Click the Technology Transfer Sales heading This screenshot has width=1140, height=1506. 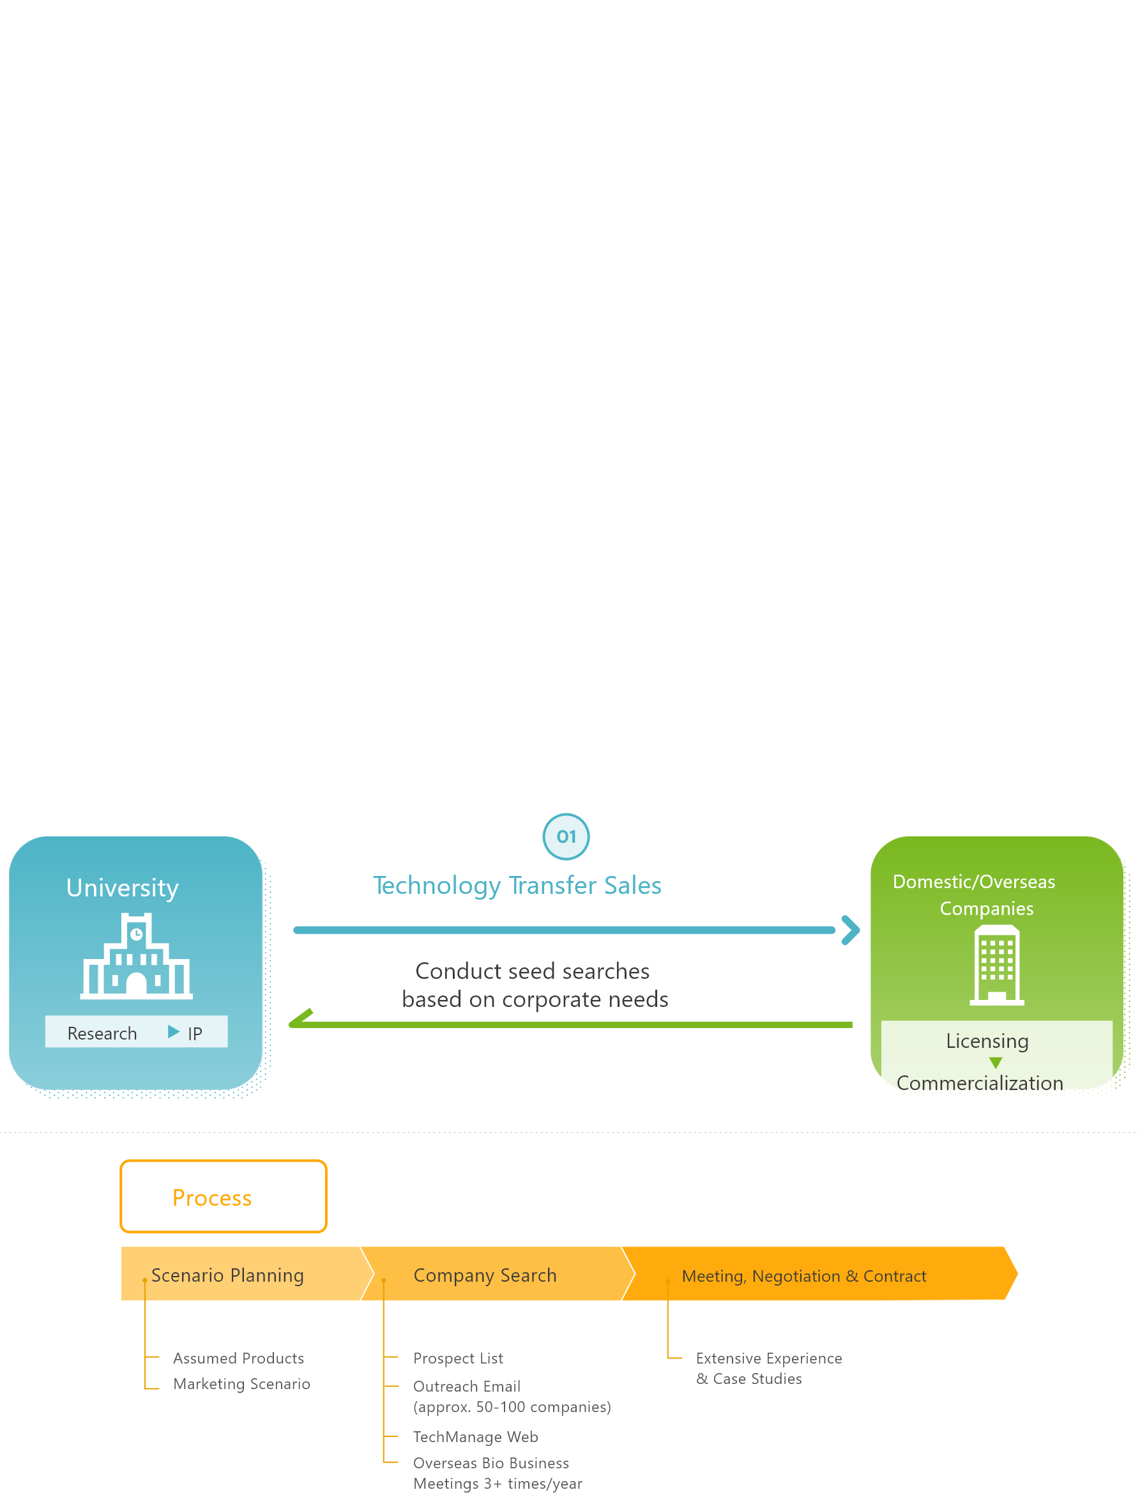tap(517, 885)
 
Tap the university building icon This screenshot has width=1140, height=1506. tap(136, 956)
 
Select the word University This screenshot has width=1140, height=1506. tap(123, 887)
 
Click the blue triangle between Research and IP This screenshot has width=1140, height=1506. tap(174, 1032)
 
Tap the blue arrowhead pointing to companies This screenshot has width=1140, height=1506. tap(850, 930)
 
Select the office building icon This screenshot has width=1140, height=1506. tap(996, 965)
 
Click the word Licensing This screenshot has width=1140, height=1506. tap(987, 1041)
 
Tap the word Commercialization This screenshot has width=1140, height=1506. tap(980, 1083)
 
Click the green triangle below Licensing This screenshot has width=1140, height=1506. tap(996, 1063)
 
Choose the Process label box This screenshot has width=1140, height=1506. tap(224, 1197)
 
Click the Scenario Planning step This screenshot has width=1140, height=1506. tap(227, 1275)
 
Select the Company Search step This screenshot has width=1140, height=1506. tap(485, 1275)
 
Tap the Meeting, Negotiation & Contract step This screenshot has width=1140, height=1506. tap(804, 1276)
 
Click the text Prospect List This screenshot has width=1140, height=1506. tap(458, 1358)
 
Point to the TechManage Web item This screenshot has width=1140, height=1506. tap(476, 1436)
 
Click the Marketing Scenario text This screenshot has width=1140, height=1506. tap(241, 1383)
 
